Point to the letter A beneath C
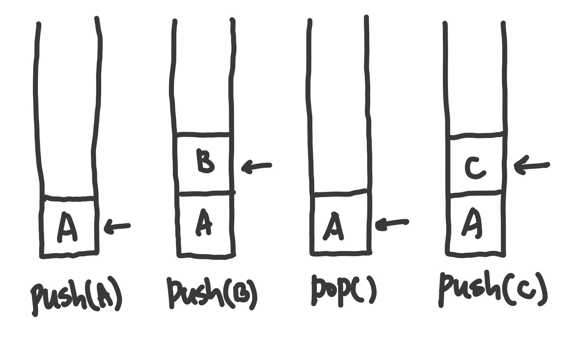point(472,223)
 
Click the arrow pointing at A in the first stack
point(117,227)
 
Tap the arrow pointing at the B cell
point(257,166)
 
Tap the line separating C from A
point(475,193)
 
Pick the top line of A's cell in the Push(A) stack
point(69,198)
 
